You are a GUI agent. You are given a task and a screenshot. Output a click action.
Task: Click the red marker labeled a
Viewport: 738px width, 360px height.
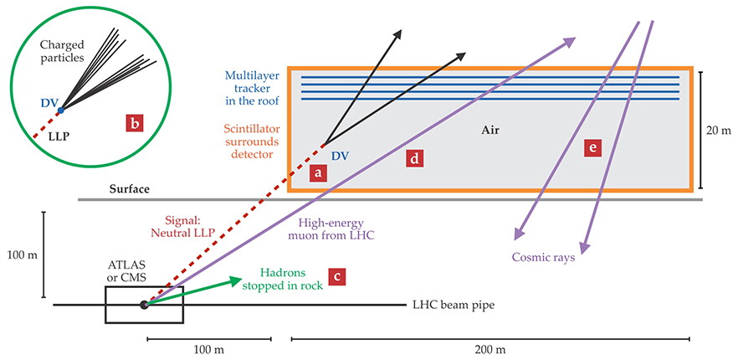(x=318, y=173)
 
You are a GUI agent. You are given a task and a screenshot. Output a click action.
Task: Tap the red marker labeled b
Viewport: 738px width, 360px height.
(x=134, y=123)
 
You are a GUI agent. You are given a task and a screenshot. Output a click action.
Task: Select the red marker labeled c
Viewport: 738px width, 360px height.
(x=336, y=276)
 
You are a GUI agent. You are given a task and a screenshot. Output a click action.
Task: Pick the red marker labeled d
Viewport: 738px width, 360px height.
(x=414, y=158)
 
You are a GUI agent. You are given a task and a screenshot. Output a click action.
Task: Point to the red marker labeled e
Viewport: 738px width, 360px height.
(x=592, y=148)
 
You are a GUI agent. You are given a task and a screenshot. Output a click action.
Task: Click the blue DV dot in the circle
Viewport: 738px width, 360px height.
(x=60, y=111)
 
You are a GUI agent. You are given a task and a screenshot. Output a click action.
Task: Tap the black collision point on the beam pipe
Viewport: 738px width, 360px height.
(x=144, y=305)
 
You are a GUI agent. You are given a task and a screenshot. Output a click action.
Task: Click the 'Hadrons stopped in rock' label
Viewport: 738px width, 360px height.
(x=284, y=279)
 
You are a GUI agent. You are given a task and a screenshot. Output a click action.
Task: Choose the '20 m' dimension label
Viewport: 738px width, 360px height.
(x=720, y=131)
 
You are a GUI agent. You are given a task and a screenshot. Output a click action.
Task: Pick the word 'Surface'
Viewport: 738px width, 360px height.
(x=130, y=189)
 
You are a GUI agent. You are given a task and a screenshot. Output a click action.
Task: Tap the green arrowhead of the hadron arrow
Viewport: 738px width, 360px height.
(x=236, y=280)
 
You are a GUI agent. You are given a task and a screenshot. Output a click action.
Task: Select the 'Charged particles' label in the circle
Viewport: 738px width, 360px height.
(x=62, y=52)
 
